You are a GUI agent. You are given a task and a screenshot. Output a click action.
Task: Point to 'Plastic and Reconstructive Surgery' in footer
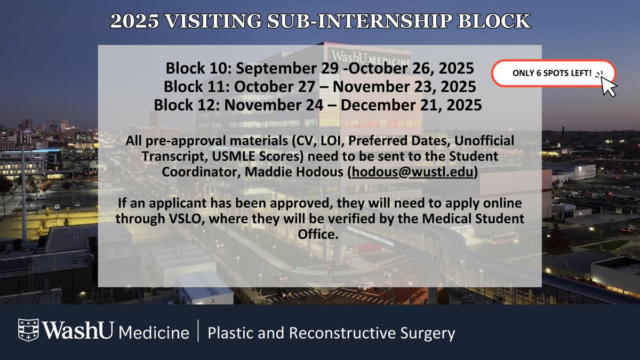(331, 333)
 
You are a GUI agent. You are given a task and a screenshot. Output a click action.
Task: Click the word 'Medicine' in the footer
(154, 333)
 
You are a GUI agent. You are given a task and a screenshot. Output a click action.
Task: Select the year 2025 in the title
(131, 22)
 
